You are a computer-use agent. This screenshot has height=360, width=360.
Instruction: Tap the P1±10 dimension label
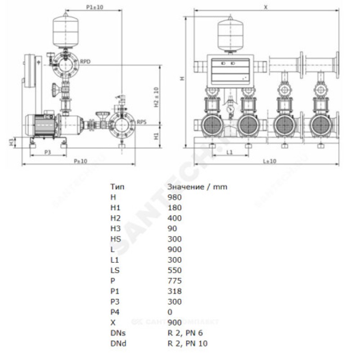pos(94,7)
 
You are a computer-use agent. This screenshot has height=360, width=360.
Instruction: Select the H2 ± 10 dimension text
pos(156,97)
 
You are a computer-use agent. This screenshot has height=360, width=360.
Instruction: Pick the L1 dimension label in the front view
pos(229,153)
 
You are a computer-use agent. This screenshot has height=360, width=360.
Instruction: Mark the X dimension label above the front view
pos(265,7)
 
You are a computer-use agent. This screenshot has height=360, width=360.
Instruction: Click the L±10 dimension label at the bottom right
pos(269,161)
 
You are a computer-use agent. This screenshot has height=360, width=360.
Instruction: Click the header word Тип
pos(116,186)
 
